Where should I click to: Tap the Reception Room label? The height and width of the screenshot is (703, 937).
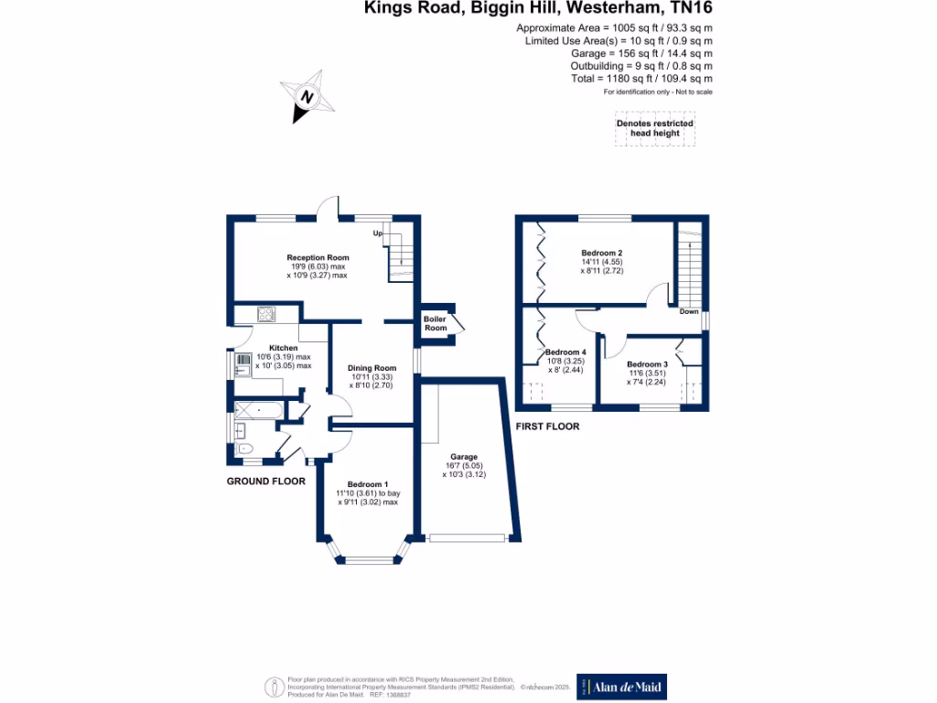click(318, 258)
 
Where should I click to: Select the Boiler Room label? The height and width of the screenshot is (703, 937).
click(436, 323)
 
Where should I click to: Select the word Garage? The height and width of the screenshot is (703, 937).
click(463, 457)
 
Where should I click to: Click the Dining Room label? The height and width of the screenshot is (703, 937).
click(372, 368)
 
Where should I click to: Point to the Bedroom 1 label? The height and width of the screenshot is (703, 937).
click(368, 484)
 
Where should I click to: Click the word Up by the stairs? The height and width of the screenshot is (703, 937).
click(377, 233)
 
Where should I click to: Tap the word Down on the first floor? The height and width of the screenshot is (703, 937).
click(690, 311)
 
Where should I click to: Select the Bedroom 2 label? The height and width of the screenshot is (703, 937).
click(601, 253)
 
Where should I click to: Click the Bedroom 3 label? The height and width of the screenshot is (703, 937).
click(647, 364)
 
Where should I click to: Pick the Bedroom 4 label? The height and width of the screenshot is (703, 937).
click(565, 352)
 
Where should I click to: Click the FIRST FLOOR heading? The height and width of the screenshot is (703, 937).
click(547, 427)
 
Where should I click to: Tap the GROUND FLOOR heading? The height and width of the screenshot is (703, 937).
click(265, 481)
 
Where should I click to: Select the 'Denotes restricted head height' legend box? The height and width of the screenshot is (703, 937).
click(654, 128)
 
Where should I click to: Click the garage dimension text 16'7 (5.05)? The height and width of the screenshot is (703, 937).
click(463, 466)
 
